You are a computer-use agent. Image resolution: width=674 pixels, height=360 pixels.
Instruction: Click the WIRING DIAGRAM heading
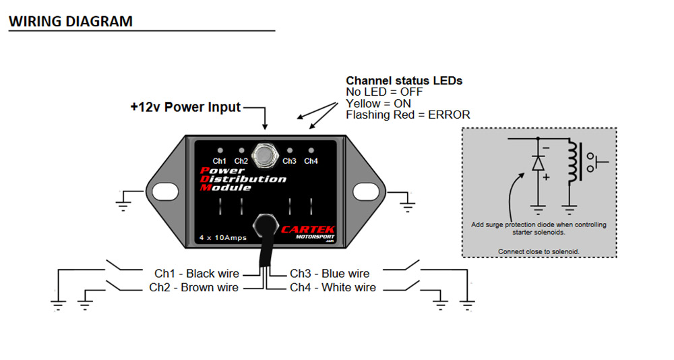pos(70,21)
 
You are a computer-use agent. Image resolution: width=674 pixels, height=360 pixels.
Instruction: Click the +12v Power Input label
pos(185,107)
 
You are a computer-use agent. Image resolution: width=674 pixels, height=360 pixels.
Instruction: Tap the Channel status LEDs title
pos(404,80)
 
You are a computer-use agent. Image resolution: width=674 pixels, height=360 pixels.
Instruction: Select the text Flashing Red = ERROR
pos(408,115)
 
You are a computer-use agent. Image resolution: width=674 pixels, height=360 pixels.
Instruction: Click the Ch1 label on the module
pos(220,161)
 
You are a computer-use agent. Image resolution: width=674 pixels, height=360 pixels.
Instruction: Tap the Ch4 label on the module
pos(311,161)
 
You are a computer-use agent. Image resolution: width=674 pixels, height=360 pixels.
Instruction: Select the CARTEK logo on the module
pos(307,231)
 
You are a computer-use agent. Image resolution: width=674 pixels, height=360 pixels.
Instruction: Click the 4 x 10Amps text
pos(222,237)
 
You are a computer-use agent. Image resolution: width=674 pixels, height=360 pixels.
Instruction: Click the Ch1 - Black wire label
pos(197,274)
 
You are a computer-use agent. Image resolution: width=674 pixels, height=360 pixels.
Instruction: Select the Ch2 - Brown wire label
pos(194,288)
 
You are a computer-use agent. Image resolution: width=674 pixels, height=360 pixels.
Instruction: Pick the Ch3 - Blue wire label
pos(330,274)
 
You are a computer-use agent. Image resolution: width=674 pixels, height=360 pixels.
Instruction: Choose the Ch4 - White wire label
pos(333,288)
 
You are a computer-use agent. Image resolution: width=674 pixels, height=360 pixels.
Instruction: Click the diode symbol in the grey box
pos(537,163)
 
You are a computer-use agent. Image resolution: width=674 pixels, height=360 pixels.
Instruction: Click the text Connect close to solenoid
pos(539,251)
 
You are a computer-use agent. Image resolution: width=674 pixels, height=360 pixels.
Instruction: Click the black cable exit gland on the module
pos(265,225)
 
